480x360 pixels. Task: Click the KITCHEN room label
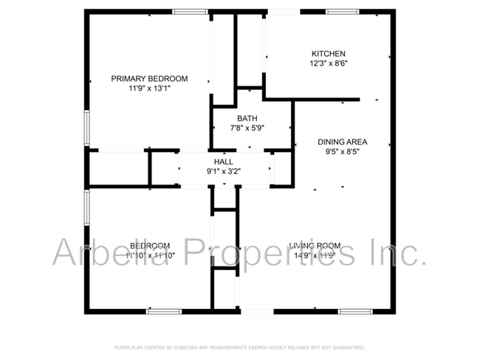click(328, 54)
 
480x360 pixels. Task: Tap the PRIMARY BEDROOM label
click(149, 78)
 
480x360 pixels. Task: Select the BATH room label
click(247, 118)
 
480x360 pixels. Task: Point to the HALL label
click(223, 162)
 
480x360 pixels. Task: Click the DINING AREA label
click(342, 142)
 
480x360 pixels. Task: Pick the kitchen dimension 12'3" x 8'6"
click(328, 63)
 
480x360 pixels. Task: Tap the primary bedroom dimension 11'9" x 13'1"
click(149, 88)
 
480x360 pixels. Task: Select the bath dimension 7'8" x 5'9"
click(247, 128)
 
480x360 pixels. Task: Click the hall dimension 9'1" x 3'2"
click(223, 171)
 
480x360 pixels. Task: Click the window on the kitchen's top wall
click(339, 11)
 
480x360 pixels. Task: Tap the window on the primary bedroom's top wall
click(190, 11)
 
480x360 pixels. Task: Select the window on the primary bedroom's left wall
click(86, 128)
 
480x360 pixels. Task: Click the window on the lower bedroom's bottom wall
click(163, 311)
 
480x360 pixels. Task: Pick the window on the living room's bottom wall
click(355, 311)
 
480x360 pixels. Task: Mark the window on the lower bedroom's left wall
click(86, 209)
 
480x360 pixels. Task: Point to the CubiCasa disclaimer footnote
click(239, 347)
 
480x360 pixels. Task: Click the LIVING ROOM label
click(315, 246)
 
